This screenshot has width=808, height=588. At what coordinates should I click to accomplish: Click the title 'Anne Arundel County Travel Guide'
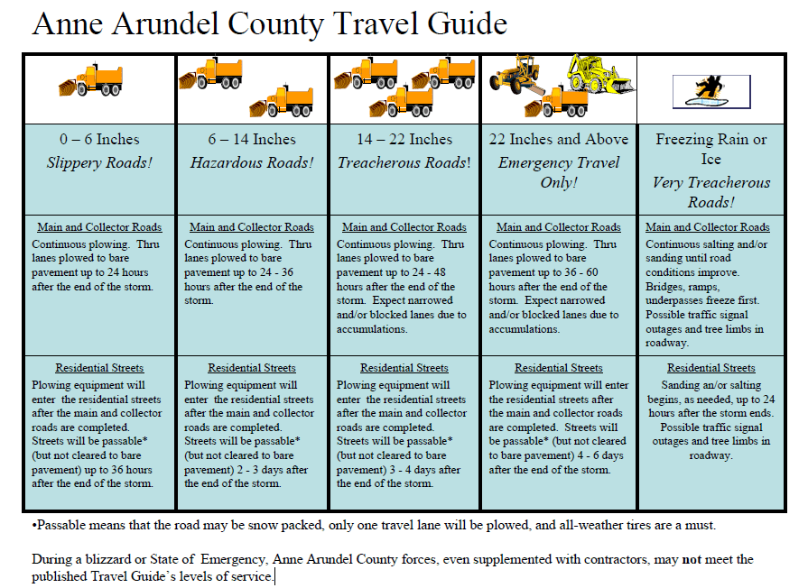pos(269,24)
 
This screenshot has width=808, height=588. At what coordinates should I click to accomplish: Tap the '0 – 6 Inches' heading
pos(99,139)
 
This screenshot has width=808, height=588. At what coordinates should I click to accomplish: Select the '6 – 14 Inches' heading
pos(252,139)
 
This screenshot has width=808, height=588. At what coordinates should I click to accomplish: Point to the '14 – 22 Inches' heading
pos(404,139)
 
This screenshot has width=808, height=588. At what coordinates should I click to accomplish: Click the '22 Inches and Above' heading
pos(559,139)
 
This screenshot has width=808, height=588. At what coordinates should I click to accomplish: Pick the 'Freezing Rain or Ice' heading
pos(711,149)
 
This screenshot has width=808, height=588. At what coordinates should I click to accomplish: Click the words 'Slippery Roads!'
pos(99,163)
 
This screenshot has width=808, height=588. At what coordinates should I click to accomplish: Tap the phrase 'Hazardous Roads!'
pos(252,163)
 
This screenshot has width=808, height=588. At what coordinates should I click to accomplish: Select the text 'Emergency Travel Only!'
pos(559,172)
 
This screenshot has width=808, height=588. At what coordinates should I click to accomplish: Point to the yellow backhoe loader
pos(601,73)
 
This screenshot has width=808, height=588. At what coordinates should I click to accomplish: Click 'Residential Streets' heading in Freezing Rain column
pos(711,368)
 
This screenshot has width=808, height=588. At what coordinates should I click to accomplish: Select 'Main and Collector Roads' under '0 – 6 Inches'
pos(99,227)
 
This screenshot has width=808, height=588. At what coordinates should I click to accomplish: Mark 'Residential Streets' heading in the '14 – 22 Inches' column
pos(404,368)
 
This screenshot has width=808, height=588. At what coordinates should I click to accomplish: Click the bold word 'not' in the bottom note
pos(692,560)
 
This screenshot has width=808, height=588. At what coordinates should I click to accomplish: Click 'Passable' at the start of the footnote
pos(62,525)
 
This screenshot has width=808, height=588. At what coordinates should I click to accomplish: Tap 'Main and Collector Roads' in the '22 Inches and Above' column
pos(559,227)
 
